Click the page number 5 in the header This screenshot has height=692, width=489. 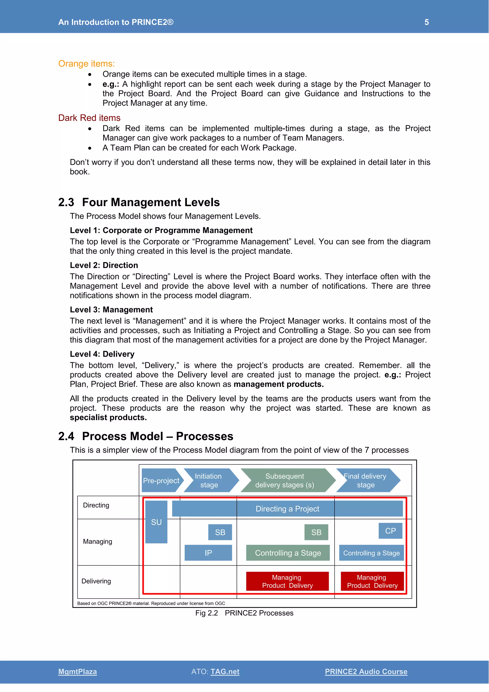pos(426,22)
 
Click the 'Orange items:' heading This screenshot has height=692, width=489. pos(86,64)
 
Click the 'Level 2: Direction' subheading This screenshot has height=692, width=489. pos(104,265)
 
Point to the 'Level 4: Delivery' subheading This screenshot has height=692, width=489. pos(102,354)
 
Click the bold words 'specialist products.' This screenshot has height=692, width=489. pos(108,417)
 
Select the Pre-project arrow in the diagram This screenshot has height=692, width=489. pos(161,481)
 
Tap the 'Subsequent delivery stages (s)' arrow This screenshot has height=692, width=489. pos(285,481)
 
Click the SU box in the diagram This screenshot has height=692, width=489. pos(156,522)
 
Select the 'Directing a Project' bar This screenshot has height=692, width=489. pos(287,509)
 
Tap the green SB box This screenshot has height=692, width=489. pos(316,532)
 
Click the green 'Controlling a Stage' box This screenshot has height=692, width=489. pos(288,553)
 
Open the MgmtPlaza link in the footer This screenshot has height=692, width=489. pos(77,671)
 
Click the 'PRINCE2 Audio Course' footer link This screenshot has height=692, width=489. pos(366,671)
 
